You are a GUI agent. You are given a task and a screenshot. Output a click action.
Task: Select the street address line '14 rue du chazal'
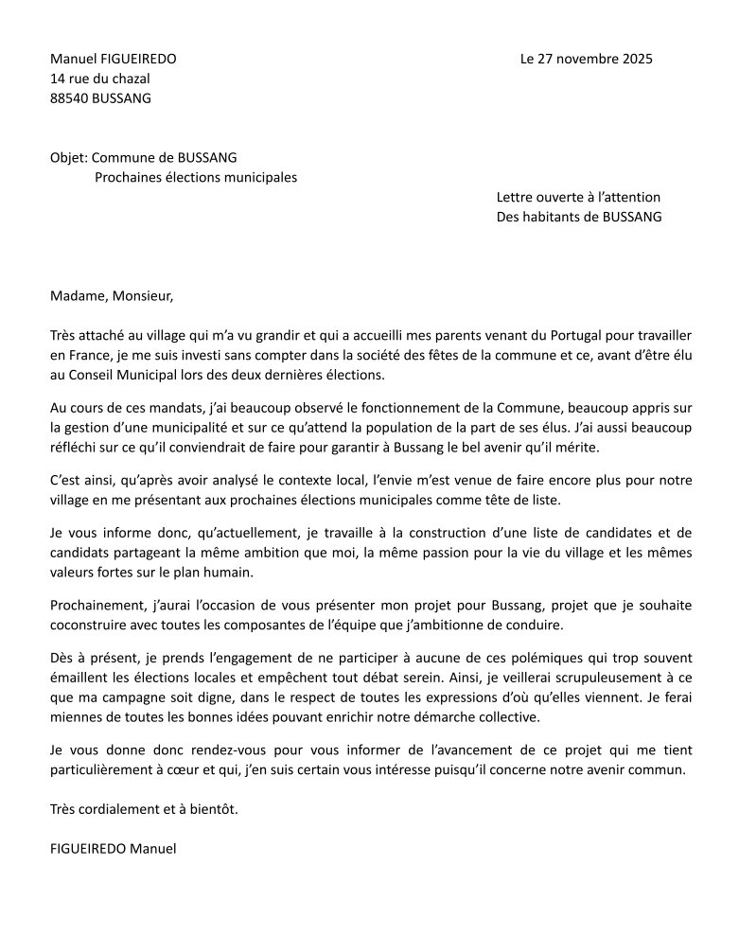tap(100, 79)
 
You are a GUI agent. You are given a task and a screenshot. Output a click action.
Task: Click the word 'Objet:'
tap(69, 157)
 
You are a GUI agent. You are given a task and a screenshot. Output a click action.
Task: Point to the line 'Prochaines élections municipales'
tap(196, 177)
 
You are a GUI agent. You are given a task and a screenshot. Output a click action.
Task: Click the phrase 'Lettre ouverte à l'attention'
tap(578, 197)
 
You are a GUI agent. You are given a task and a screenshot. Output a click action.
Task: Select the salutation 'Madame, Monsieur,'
tap(112, 295)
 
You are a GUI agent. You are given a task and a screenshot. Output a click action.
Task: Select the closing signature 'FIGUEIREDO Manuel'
tap(114, 848)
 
